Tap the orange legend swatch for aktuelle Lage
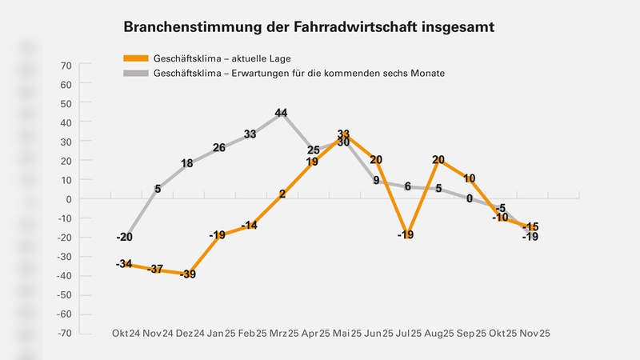click(x=137, y=58)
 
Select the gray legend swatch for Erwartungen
click(x=137, y=73)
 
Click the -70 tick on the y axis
click(x=65, y=333)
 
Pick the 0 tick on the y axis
click(x=70, y=199)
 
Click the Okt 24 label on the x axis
click(x=126, y=333)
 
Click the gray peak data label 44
click(x=281, y=114)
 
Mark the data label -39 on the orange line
click(x=187, y=274)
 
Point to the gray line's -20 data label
click(x=124, y=237)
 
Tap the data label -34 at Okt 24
click(x=124, y=264)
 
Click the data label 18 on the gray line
click(x=187, y=164)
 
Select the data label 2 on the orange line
click(x=282, y=194)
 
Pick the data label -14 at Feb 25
click(x=249, y=226)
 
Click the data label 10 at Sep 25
click(x=470, y=179)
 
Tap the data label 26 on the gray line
click(x=218, y=148)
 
